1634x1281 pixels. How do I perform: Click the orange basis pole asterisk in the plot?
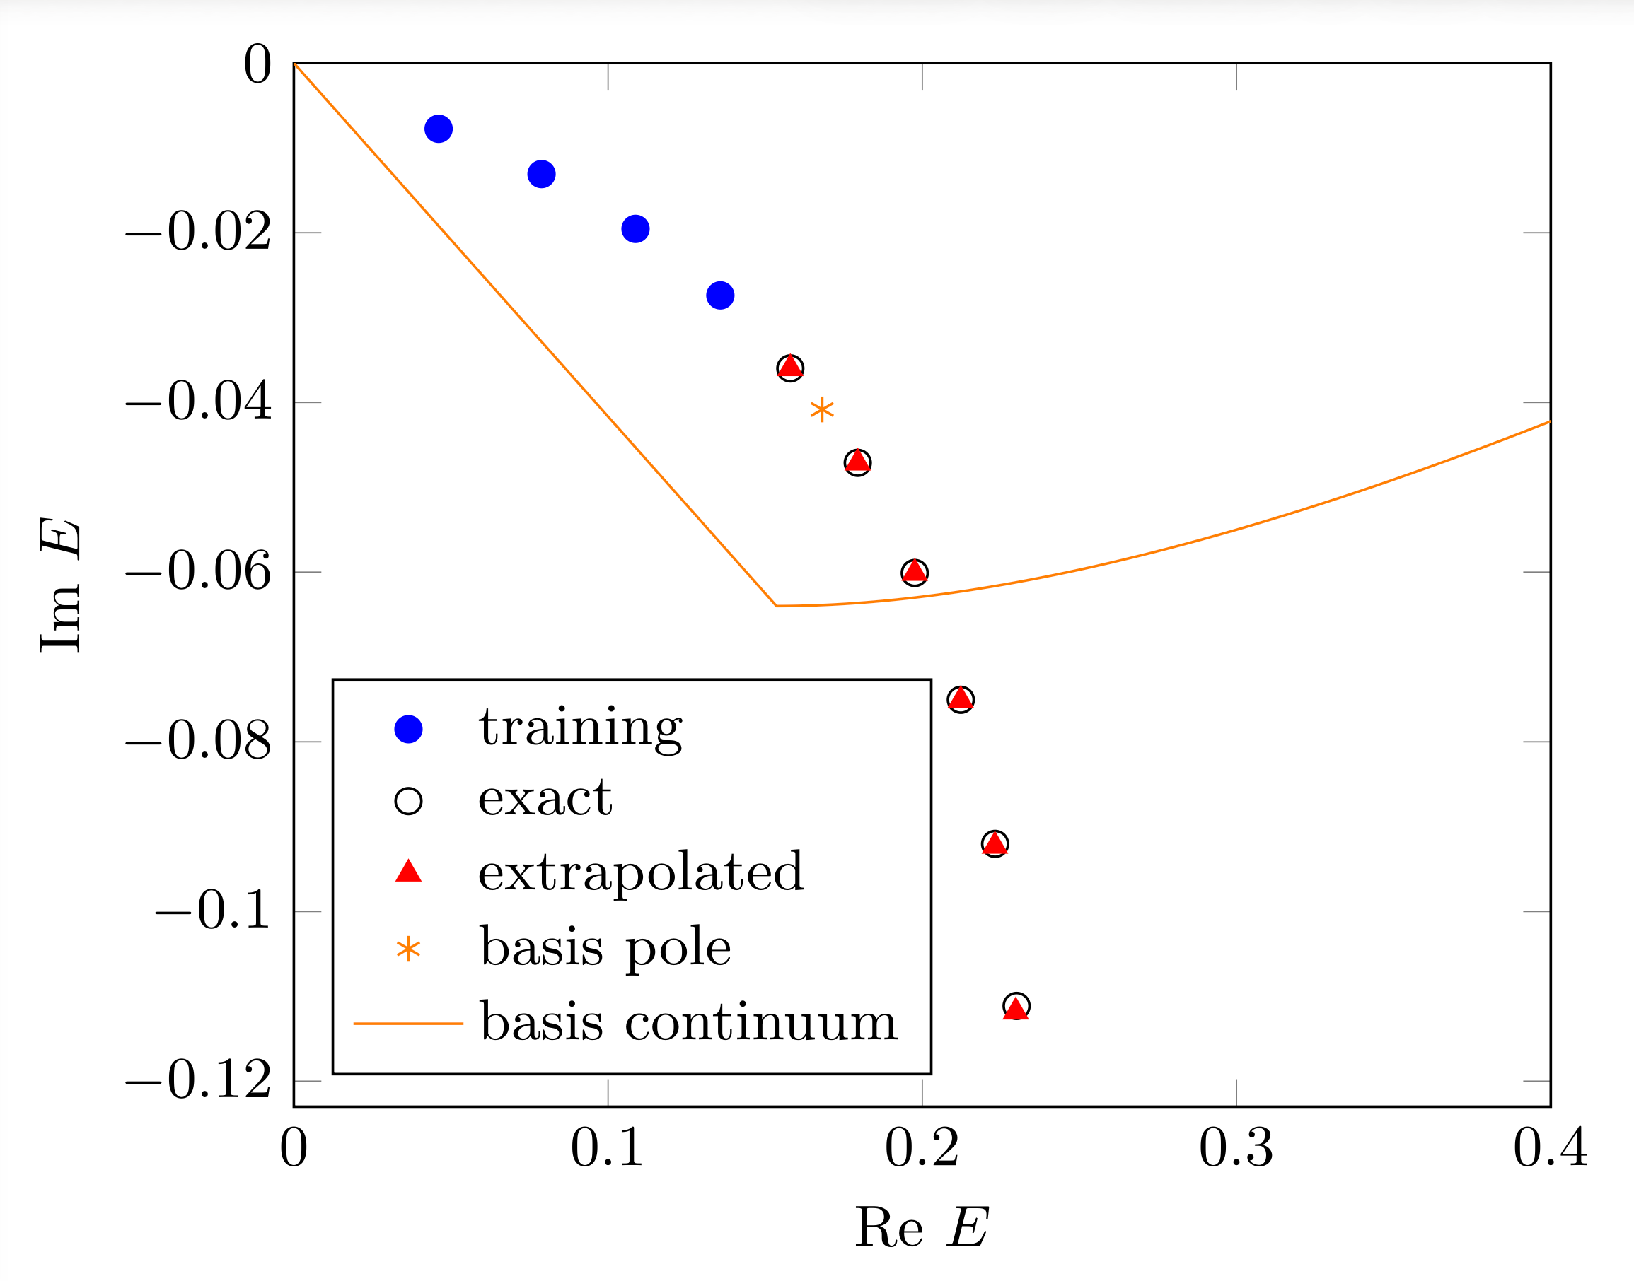pyautogui.click(x=822, y=409)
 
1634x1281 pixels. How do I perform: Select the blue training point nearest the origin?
pyautogui.click(x=438, y=129)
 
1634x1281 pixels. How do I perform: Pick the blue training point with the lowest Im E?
pyautogui.click(x=720, y=296)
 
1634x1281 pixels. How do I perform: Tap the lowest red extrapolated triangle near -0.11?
pyautogui.click(x=1016, y=1009)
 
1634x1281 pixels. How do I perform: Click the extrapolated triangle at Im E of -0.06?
pyautogui.click(x=914, y=572)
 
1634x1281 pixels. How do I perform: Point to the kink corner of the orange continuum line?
pyautogui.click(x=777, y=605)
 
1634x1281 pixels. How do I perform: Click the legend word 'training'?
pyautogui.click(x=581, y=727)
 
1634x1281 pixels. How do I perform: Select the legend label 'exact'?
pyautogui.click(x=545, y=798)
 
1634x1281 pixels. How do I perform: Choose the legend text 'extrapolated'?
pyautogui.click(x=641, y=872)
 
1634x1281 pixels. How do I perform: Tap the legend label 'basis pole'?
pyautogui.click(x=605, y=947)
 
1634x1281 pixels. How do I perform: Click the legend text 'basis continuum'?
pyautogui.click(x=688, y=1022)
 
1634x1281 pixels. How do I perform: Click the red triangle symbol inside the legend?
pyautogui.click(x=408, y=872)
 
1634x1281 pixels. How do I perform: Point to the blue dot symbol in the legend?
pyautogui.click(x=408, y=729)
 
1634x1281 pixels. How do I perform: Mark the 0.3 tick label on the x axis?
pyautogui.click(x=1236, y=1148)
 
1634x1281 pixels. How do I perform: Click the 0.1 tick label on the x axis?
pyautogui.click(x=607, y=1148)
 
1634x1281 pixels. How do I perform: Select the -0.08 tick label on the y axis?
pyautogui.click(x=198, y=742)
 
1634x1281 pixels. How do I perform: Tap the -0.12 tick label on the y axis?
pyautogui.click(x=198, y=1081)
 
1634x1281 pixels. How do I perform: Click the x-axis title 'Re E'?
pyautogui.click(x=921, y=1228)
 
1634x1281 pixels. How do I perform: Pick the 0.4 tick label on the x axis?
pyautogui.click(x=1550, y=1148)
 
